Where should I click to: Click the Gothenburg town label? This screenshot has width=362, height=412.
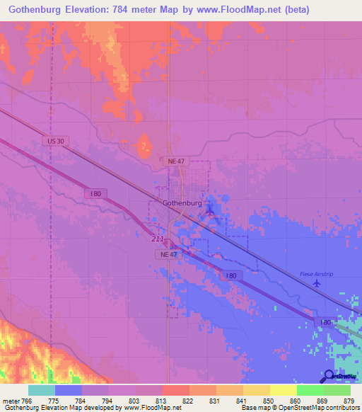pyautogui.click(x=182, y=203)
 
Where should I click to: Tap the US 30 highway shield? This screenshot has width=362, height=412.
pyautogui.click(x=56, y=142)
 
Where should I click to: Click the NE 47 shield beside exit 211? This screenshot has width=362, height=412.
pyautogui.click(x=169, y=253)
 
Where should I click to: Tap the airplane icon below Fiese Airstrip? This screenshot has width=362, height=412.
pyautogui.click(x=316, y=282)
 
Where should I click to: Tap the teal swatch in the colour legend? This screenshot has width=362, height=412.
pyautogui.click(x=42, y=390)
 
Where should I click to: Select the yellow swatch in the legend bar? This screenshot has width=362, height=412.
pyautogui.click(x=283, y=390)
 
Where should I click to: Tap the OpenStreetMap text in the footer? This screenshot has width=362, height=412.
pyautogui.click(x=297, y=408)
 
